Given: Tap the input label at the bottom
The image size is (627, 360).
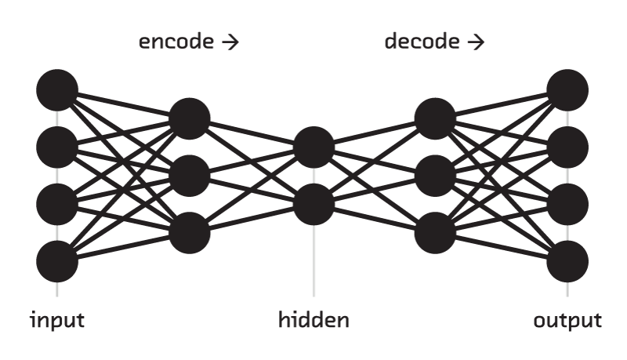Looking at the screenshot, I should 56,321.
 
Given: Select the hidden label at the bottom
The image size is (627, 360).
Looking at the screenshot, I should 314,321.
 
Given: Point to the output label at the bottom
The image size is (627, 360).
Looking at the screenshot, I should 568,321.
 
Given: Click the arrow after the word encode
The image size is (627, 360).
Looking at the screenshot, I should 229,42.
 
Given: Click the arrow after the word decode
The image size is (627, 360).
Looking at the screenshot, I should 474,42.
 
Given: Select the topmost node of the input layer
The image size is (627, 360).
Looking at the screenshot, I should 57,89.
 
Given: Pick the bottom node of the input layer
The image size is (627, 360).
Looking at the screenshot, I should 57,261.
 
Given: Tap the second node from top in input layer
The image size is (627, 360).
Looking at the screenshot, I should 57,147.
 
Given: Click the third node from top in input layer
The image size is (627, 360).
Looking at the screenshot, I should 57,204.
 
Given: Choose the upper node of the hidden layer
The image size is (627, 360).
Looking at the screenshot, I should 314,147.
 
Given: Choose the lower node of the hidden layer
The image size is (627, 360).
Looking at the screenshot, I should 314,204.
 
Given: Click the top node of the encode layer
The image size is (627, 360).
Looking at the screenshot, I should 190,118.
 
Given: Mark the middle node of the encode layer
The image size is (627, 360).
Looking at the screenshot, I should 190,176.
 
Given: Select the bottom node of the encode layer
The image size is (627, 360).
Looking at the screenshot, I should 190,232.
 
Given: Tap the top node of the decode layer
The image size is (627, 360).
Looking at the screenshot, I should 436,118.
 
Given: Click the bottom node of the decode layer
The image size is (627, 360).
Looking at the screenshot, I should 436,232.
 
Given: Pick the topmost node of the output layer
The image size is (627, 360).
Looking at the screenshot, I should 568,89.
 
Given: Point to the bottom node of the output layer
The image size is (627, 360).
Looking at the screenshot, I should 568,261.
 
